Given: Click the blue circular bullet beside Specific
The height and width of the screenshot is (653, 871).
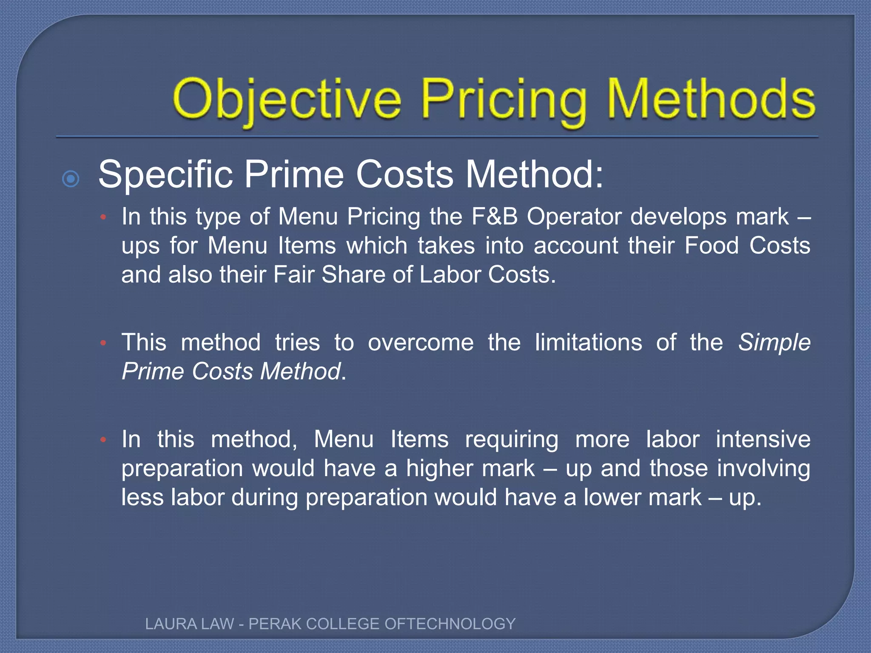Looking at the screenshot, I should point(71,179).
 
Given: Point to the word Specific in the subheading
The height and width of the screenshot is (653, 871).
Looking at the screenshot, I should point(166,175).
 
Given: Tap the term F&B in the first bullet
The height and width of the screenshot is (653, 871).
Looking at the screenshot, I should point(495,216).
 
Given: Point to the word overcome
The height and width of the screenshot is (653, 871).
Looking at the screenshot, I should point(421,343).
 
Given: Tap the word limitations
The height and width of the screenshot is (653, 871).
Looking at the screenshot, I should point(589,342).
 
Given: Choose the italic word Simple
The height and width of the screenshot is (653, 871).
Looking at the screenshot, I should point(774,343).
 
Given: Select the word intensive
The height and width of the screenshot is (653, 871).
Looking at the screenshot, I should point(763,439).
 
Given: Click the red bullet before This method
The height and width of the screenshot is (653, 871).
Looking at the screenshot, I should point(103,343).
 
